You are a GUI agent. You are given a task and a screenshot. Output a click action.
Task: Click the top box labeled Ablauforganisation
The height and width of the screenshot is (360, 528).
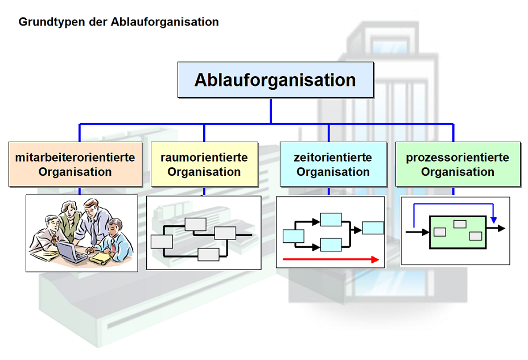[275, 80]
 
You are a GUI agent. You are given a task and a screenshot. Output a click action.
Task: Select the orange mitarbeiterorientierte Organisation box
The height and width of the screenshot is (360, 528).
[76, 164]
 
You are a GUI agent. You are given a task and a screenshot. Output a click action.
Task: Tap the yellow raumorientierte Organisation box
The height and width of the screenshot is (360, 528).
[204, 164]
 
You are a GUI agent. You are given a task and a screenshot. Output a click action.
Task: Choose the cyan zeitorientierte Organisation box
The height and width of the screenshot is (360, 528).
[333, 164]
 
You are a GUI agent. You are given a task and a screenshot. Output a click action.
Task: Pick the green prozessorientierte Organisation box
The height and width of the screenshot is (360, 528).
[458, 164]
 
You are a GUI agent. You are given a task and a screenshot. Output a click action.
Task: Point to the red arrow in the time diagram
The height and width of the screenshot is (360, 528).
[331, 259]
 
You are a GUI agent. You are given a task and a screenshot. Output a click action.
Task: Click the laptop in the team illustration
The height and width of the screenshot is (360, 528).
[71, 252]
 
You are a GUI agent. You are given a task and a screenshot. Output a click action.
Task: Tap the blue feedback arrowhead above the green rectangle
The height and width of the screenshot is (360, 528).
[494, 220]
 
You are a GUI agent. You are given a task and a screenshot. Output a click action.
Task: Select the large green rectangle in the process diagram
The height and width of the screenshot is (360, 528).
[457, 232]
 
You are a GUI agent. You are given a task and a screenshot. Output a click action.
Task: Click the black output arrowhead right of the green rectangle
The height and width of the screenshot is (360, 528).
[502, 228]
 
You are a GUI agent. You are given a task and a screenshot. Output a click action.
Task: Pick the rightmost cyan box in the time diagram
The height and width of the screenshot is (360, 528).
[373, 228]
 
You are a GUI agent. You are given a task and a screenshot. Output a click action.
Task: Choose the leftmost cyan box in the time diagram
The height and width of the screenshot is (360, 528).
[294, 236]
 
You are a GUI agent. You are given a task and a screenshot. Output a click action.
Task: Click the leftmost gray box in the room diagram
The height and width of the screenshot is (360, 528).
[162, 242]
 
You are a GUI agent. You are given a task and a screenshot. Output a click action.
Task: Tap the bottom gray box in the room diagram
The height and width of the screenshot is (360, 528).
[208, 255]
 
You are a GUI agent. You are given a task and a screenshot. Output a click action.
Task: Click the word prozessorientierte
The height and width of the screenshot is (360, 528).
[457, 157]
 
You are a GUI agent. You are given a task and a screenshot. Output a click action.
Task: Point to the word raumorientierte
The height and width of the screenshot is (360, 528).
[204, 157]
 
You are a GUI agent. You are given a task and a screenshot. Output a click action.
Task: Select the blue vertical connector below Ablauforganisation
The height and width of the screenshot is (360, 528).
[271, 111]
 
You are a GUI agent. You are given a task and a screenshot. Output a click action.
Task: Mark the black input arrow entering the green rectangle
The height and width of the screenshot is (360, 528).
[418, 232]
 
